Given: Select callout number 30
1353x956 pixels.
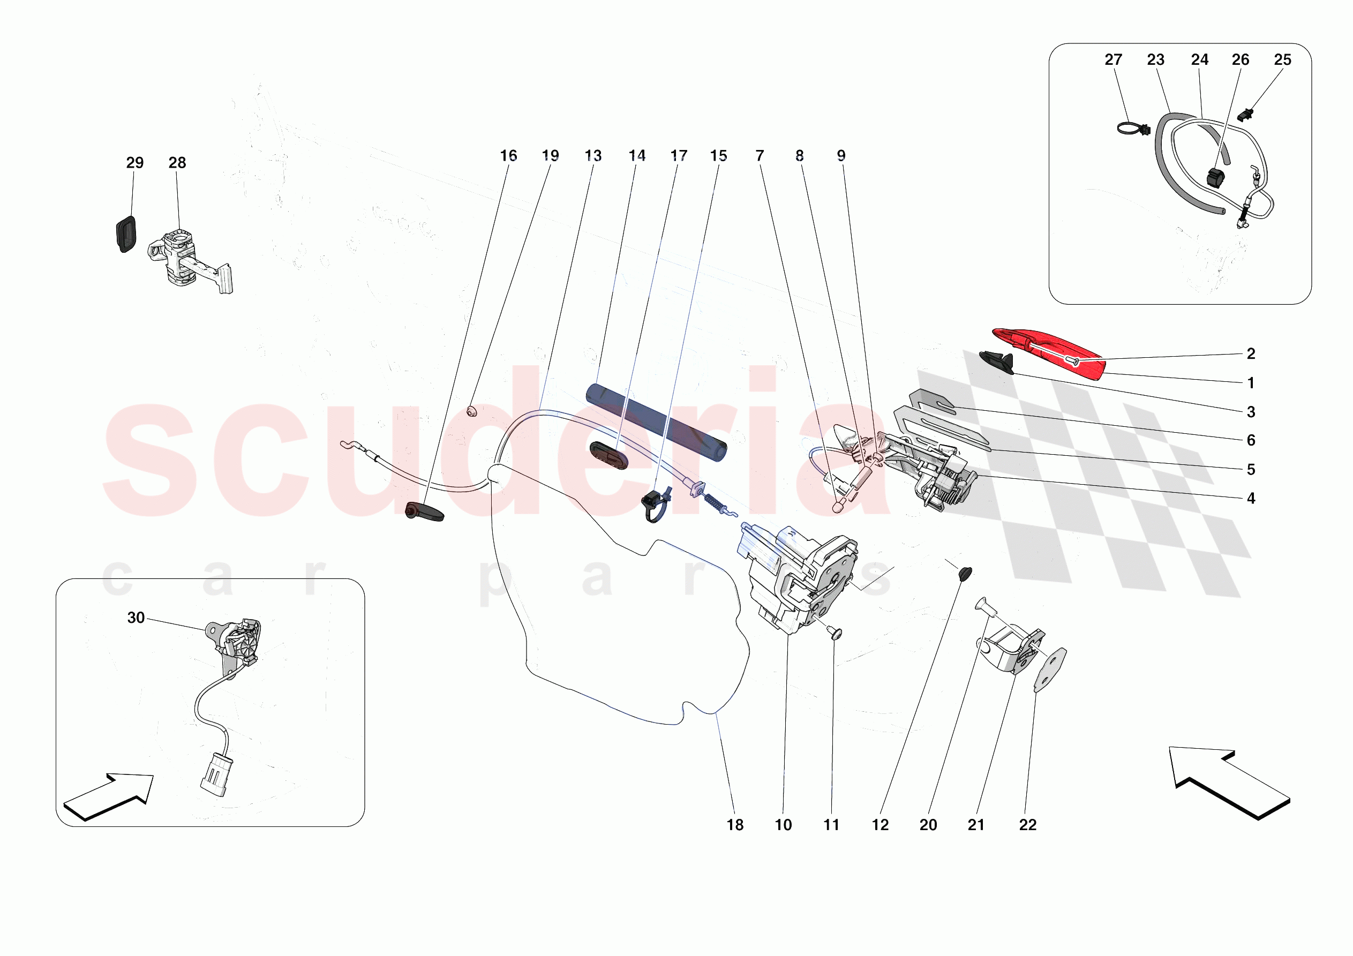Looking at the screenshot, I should coord(136,618).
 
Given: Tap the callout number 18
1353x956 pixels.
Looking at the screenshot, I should coord(735,825).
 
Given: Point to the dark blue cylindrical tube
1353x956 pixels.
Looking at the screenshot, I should coord(656,423).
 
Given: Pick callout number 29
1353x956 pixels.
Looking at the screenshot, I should coord(134,163).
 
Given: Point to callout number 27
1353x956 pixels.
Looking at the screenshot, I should coord(1113,59).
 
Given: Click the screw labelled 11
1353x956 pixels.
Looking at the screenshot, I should coord(835,633).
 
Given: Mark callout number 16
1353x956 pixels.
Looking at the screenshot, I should coord(508,156).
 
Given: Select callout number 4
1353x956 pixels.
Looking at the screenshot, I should coord(1251,499).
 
